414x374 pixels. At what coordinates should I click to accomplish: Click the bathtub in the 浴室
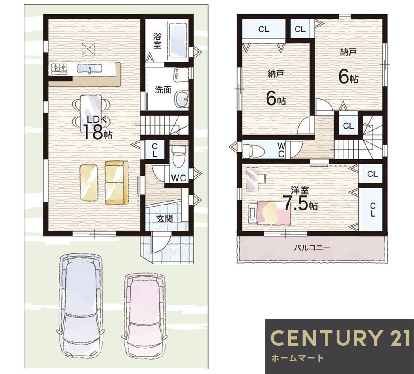[x=178, y=40]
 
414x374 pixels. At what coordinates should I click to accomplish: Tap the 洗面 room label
[x=163, y=90]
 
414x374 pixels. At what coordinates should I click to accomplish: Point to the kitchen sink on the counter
[x=90, y=69]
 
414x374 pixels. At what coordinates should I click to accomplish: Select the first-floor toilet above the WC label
[x=178, y=156]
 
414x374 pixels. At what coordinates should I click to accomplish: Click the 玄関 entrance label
[x=164, y=219]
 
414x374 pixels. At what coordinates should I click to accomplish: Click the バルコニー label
[x=312, y=248]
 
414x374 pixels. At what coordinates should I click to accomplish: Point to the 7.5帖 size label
[x=300, y=203]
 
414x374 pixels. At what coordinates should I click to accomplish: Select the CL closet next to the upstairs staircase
[x=348, y=126]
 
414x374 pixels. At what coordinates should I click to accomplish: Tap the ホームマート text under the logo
[x=297, y=358]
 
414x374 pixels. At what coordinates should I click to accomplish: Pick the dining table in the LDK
[x=91, y=114]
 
